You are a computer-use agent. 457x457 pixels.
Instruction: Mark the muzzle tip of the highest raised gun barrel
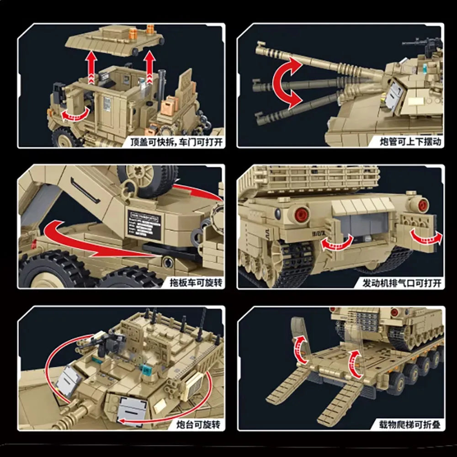pyautogui.click(x=261, y=46)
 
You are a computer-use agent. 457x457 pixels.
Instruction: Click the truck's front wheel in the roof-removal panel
pyautogui.click(x=63, y=136)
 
